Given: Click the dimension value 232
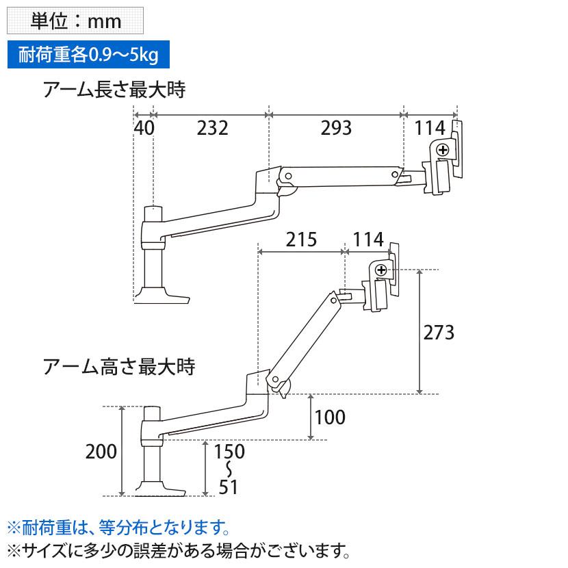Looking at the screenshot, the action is tap(213, 128).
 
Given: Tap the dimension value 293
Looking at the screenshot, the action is tap(336, 128).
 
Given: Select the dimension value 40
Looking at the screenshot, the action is tap(144, 128).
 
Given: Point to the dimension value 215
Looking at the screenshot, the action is tap(301, 240).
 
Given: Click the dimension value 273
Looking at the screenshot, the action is tap(439, 333).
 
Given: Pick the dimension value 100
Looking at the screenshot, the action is tap(330, 417).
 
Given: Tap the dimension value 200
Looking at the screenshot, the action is tap(101, 452).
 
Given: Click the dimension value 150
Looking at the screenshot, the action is tap(229, 452).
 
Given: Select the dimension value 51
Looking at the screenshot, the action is tap(228, 487).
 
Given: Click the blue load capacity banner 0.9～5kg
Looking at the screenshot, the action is tap(88, 55).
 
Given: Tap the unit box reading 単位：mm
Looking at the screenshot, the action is tap(75, 21).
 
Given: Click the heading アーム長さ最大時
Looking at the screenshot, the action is tap(114, 90).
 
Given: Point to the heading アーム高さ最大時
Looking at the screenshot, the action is tap(119, 366).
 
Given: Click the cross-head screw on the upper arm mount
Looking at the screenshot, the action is tap(443, 150).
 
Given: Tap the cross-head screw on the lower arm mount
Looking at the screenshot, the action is tap(381, 270).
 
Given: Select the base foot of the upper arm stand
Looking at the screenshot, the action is tap(162, 295).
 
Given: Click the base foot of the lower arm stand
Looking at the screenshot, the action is tap(159, 489).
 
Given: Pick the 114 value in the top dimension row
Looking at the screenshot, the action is tap(430, 128).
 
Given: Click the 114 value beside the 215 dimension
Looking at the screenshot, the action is tap(368, 240).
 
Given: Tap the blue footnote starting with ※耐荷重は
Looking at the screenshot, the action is tap(118, 528).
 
